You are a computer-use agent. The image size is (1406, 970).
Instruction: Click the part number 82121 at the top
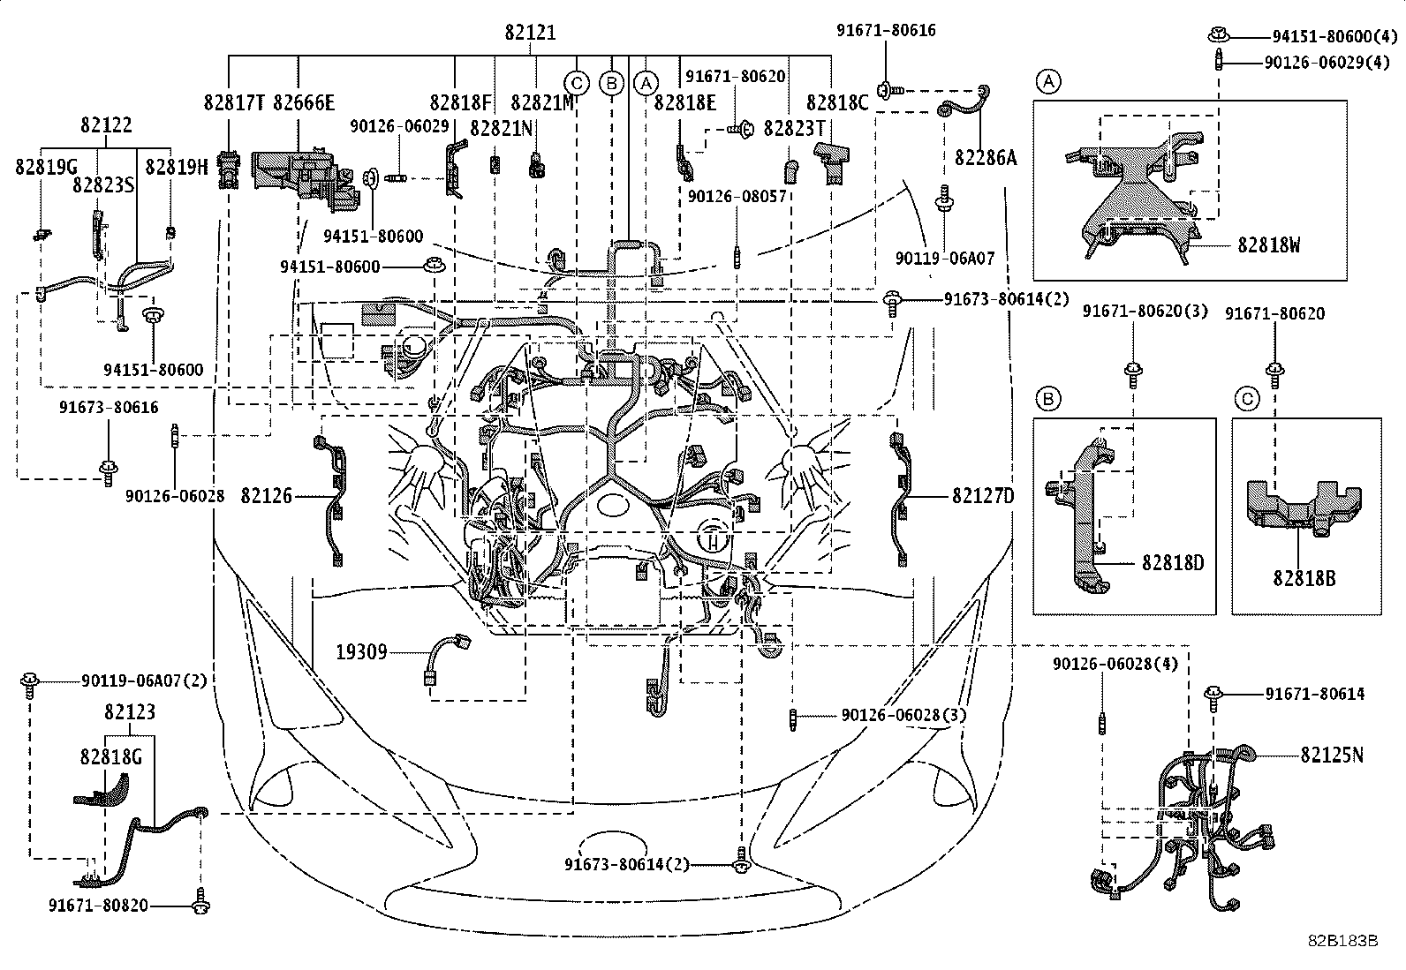(531, 33)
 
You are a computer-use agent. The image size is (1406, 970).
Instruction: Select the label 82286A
(986, 158)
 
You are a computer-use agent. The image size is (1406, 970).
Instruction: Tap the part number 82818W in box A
(1268, 245)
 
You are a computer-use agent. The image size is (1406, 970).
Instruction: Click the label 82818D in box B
(1172, 562)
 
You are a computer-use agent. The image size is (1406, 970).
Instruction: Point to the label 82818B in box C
(1304, 579)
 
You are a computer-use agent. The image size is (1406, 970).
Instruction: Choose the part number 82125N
(1331, 755)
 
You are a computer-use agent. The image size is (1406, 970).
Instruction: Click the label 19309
(361, 652)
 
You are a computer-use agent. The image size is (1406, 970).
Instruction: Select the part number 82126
(266, 496)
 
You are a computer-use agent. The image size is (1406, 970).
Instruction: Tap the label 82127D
(983, 496)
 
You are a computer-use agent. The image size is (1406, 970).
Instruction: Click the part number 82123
(130, 711)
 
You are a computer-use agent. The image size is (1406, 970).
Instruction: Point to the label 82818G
(110, 756)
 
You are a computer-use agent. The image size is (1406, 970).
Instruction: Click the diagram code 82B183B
(1342, 940)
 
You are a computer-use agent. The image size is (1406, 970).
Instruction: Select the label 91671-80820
(98, 906)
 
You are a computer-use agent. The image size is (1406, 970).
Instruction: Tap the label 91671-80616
(886, 31)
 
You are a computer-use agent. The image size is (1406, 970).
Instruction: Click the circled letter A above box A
(1048, 82)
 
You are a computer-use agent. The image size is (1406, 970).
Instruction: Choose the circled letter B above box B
(1048, 400)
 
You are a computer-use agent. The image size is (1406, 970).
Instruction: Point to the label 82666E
(305, 102)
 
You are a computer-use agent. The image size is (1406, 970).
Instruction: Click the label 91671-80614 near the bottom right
(1314, 695)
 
